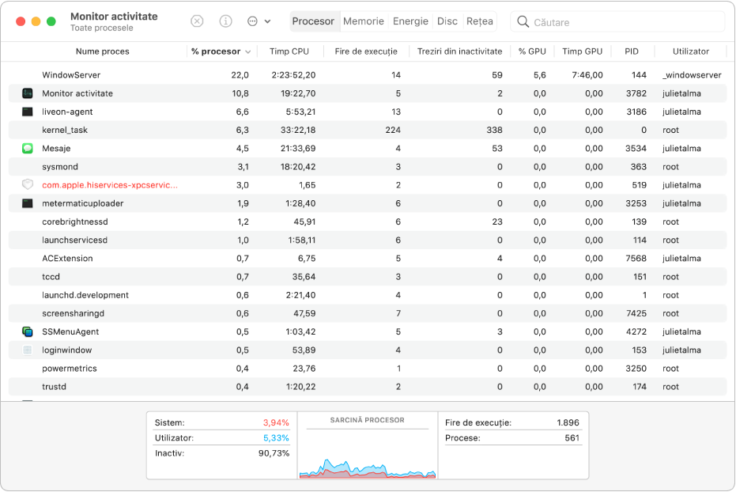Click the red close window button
(x=21, y=21)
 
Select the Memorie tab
(x=364, y=21)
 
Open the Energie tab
(x=410, y=21)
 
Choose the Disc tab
(x=447, y=21)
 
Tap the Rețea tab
(x=480, y=21)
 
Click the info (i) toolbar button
(x=226, y=21)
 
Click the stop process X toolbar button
(x=197, y=21)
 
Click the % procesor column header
(x=216, y=51)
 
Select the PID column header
(x=632, y=51)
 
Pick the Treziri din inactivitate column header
(x=459, y=51)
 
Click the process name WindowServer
(x=71, y=75)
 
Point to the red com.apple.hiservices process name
(x=110, y=185)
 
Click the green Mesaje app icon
(x=28, y=149)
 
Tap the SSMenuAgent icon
(x=28, y=332)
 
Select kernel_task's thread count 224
(x=393, y=130)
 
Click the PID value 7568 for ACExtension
(x=636, y=259)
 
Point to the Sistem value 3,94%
(x=276, y=422)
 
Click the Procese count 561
(x=572, y=438)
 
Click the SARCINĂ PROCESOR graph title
(x=367, y=420)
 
